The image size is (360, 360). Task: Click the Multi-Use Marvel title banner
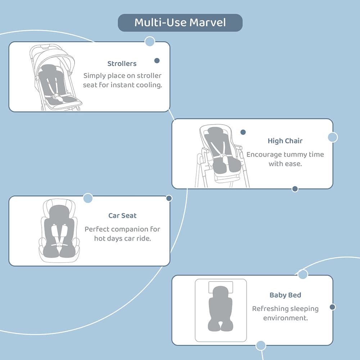point(180,23)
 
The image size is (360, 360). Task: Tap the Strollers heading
point(122,64)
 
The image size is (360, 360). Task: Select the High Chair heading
point(285,141)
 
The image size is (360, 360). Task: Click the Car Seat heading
point(122,216)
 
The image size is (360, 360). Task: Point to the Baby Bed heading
point(285,295)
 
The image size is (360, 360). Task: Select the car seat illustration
point(59,230)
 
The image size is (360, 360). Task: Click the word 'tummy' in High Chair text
point(296,154)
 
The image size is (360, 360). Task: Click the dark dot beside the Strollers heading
point(157,60)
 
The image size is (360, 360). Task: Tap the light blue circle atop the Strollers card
point(150,41)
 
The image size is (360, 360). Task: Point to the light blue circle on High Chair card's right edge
point(333,137)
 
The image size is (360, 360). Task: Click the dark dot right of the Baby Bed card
point(332,307)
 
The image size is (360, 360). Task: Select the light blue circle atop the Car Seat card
point(88,198)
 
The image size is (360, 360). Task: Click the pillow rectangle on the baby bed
point(221,287)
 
